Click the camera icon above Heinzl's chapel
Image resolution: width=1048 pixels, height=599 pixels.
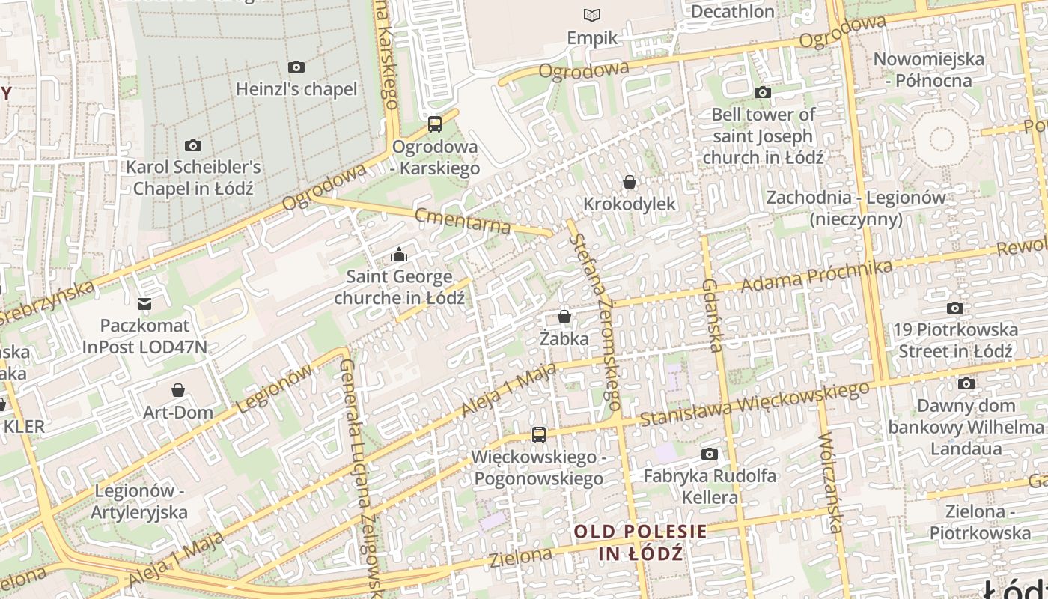pos(296,67)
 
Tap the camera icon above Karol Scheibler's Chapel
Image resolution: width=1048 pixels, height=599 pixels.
pos(193,145)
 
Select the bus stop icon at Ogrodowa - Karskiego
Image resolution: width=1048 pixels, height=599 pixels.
pos(435,124)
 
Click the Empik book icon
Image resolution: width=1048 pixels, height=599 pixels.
pos(592,15)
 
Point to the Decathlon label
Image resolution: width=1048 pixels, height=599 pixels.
pos(732,12)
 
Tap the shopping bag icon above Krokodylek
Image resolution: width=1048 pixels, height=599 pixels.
pos(630,182)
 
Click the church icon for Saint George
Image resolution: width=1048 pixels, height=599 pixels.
pos(399,255)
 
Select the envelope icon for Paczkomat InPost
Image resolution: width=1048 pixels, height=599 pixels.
pos(144,304)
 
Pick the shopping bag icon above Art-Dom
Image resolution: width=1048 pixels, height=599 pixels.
pos(178,390)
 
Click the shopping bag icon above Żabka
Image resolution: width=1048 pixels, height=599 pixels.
pos(564,317)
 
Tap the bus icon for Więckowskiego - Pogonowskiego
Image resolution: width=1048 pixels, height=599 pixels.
pos(538,434)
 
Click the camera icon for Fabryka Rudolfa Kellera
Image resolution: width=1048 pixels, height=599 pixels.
pos(710,454)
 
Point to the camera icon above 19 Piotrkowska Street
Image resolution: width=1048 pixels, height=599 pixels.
pos(955,308)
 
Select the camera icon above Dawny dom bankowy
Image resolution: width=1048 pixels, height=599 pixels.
pos(967,383)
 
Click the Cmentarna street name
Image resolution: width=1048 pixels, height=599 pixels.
pos(463,220)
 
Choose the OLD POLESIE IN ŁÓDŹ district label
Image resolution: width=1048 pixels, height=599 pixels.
pos(641,543)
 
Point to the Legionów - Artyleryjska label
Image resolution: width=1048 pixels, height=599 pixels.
pos(138,502)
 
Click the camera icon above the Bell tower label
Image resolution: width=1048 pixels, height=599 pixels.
pos(763,93)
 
